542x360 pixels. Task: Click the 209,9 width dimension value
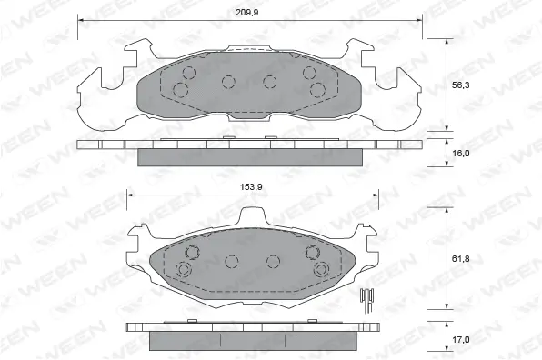click(248, 12)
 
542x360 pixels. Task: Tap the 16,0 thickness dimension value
click(462, 154)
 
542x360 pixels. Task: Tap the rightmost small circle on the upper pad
click(317, 89)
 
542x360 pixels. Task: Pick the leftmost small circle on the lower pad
click(184, 270)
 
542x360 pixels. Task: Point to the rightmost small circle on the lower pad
click(320, 270)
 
